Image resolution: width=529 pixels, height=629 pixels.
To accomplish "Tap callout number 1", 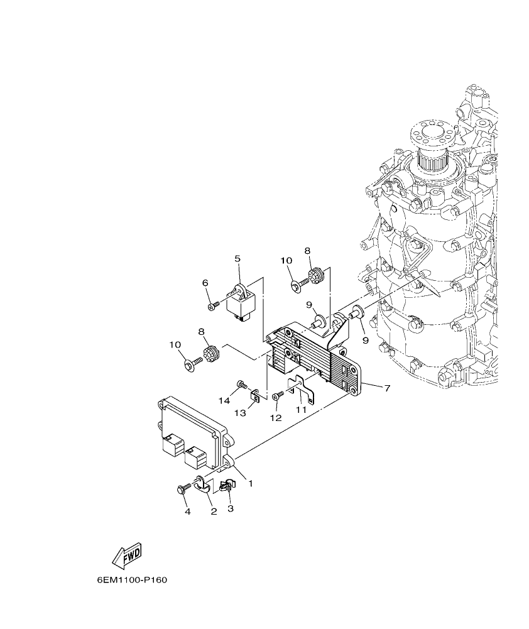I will (x=250, y=484).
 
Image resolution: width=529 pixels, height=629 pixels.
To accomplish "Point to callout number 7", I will (x=387, y=388).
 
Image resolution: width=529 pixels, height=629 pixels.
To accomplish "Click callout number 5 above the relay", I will (x=237, y=258).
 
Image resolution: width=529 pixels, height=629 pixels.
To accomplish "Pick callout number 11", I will (x=302, y=409).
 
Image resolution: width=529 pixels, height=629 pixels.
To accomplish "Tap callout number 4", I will (x=187, y=512).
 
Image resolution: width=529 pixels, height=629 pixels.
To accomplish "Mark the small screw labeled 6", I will (x=212, y=306).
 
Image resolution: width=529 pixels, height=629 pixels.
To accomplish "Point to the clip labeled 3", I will (x=228, y=486).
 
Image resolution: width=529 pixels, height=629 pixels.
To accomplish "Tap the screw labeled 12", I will (x=278, y=396).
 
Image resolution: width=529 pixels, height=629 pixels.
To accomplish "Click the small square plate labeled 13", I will (x=256, y=395).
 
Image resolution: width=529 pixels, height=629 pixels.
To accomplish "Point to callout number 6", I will (x=205, y=283).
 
